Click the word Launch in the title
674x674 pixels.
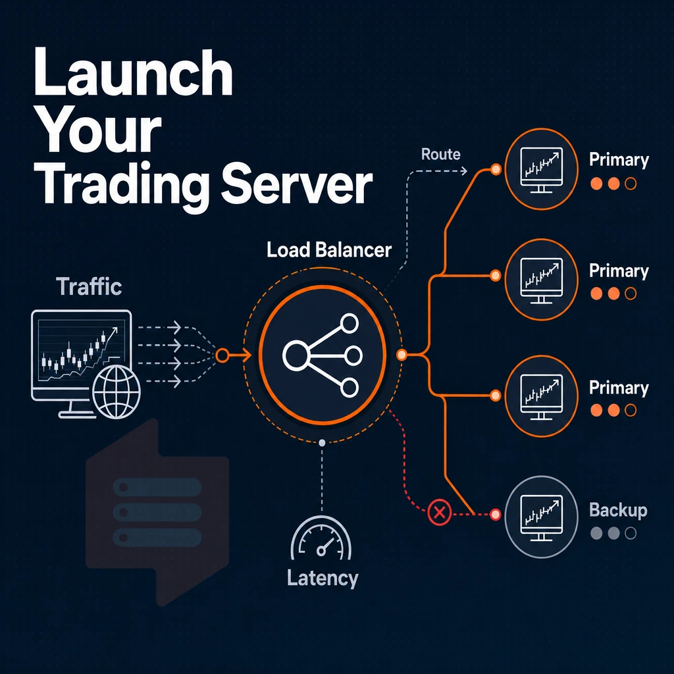pos(133,72)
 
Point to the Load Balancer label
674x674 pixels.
pos(329,249)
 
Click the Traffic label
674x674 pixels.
pos(89,286)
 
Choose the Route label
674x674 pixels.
pos(440,154)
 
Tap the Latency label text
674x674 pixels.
pos(323,578)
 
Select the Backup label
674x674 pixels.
pos(618,510)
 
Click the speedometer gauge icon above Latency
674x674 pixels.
pos(321,538)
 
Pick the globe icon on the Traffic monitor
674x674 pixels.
pos(117,392)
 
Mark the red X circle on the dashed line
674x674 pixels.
pos(439,512)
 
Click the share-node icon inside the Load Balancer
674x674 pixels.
pos(322,355)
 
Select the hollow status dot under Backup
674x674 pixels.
pos(631,533)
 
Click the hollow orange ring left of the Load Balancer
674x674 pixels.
pos(222,355)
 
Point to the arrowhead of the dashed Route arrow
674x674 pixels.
pos(464,170)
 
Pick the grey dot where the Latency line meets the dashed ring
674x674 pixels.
pos(322,443)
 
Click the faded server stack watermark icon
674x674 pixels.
pos(157,512)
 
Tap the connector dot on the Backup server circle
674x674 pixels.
pos(495,514)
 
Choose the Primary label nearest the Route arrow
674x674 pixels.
pos(619,160)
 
